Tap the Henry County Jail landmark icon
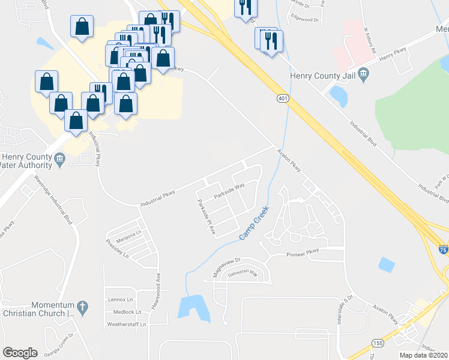pos(364,74)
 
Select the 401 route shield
pos(283,98)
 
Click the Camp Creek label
pos(254,224)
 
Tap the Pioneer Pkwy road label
pos(307,253)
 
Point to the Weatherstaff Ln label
pos(126,325)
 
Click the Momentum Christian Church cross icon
pos(83,308)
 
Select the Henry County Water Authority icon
pos(59,159)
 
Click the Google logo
pos(20,352)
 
